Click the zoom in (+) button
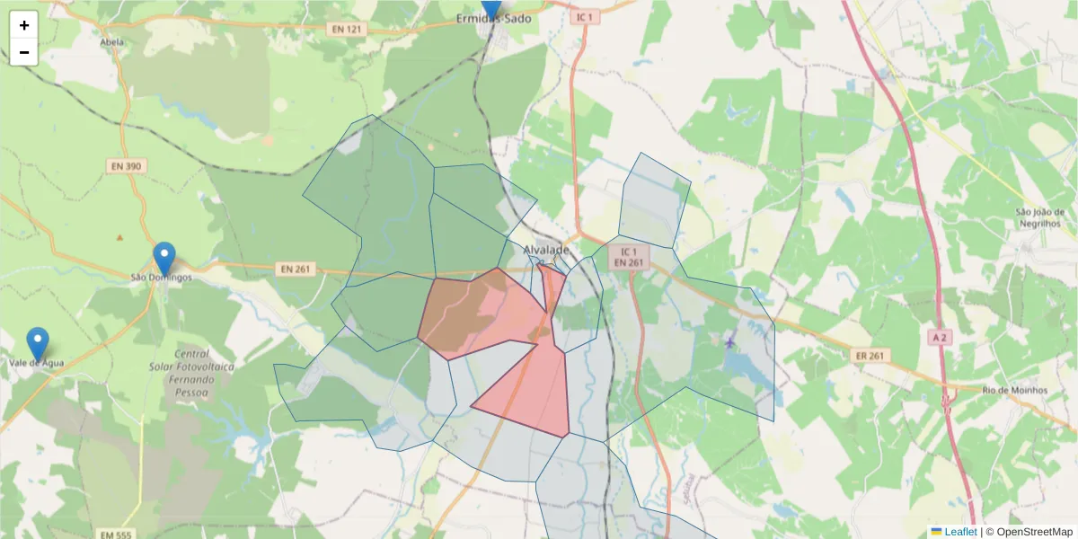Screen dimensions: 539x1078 [24, 25]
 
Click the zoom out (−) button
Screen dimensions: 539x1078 [24, 52]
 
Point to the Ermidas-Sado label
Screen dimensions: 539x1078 [493, 18]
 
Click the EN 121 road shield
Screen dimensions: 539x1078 [346, 30]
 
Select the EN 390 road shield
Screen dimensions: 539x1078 [127, 166]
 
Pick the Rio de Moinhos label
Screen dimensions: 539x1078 [1015, 390]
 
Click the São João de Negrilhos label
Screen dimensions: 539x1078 [1038, 217]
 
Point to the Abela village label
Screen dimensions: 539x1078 [112, 42]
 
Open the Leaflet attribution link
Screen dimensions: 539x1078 [959, 532]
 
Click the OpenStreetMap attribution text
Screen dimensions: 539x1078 [1034, 532]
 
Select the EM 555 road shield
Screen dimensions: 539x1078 [116, 535]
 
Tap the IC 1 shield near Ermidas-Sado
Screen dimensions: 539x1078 [586, 17]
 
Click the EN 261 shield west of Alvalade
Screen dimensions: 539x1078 [296, 269]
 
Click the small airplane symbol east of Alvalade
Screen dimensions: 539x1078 [729, 341]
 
